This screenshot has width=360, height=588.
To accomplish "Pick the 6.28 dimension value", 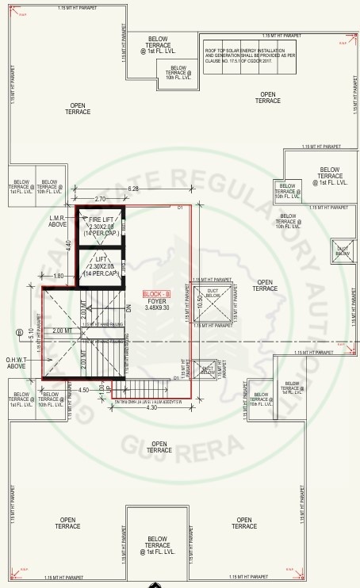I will tap(133, 189).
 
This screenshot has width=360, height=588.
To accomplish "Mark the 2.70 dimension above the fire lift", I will tap(100, 199).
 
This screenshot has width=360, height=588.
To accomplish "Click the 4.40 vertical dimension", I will tap(70, 246).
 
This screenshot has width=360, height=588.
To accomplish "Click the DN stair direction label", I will tap(127, 308).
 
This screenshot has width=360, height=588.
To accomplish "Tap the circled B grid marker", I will tap(19, 332).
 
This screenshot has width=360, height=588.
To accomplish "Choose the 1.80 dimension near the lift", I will tap(59, 276).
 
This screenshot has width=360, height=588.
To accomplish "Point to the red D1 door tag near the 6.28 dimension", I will tap(180, 208).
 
